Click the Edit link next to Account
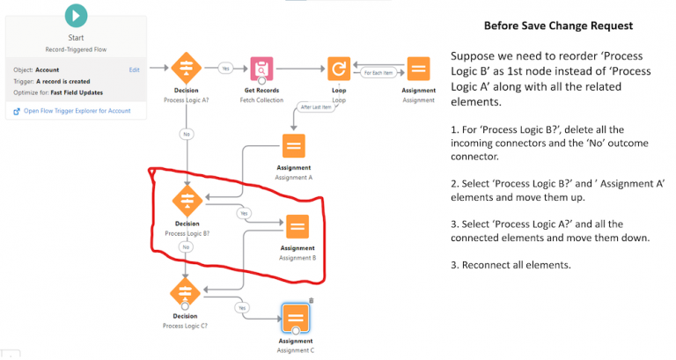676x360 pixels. coord(134,69)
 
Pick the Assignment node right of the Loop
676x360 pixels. coord(418,68)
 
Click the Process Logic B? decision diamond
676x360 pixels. coord(186,201)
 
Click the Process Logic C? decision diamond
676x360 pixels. coord(186,291)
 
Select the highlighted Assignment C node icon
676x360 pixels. coord(295,317)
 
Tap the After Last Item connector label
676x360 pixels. coord(316,107)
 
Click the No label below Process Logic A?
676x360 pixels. coord(186,135)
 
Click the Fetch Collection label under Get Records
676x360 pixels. coord(261,100)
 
